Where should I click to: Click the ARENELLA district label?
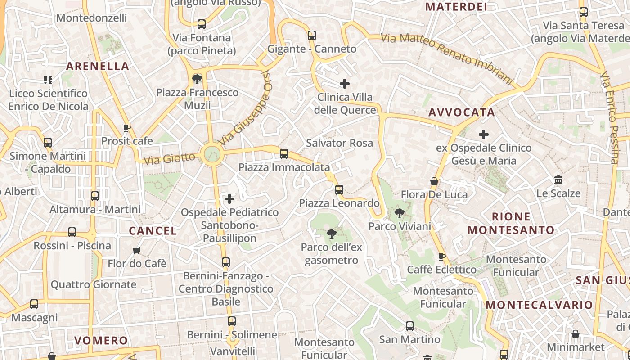(98, 66)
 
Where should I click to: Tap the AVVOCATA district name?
(462, 112)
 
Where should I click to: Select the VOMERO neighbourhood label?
(101, 340)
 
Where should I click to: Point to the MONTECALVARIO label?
(539, 305)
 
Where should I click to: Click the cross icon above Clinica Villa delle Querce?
(345, 84)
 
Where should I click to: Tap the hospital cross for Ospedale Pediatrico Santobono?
(229, 199)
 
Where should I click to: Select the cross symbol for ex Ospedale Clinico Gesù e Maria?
(484, 134)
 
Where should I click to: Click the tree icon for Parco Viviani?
(399, 213)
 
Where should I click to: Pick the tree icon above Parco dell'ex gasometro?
(332, 234)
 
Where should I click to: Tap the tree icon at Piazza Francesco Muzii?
(197, 79)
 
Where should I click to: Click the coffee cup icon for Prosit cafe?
(127, 128)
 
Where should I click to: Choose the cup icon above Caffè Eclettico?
(441, 256)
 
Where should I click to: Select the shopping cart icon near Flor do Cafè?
(137, 250)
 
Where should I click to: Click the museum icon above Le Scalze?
(558, 180)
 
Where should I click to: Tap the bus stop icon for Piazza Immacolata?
(284, 154)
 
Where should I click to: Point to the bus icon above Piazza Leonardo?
(339, 190)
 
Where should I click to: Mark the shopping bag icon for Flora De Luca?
(434, 181)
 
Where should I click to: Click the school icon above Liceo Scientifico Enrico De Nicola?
(48, 80)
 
